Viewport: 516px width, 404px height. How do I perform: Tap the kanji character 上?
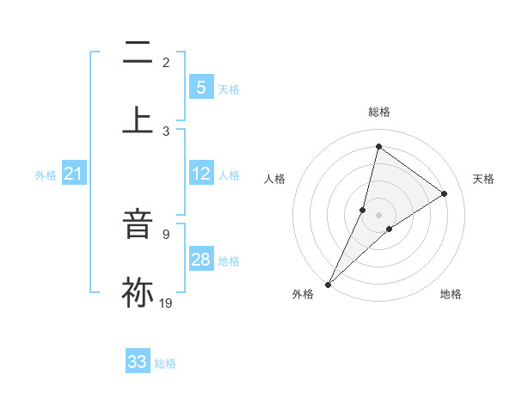point(138,119)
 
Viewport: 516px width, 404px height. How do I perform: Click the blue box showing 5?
point(201,87)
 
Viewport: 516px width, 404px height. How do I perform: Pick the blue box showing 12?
point(201,174)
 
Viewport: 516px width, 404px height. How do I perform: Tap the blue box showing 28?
point(201,260)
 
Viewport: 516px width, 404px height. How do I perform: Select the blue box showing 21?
point(74,174)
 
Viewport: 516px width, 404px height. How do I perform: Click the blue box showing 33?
point(138,362)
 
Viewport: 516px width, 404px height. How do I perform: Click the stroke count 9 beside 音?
point(166,233)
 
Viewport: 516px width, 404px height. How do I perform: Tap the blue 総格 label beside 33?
point(165,364)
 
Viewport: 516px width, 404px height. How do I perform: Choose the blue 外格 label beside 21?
point(46,175)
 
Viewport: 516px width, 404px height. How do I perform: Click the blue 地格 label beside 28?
point(229,261)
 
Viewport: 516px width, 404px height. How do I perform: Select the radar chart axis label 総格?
point(378,112)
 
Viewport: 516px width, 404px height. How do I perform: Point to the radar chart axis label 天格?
point(483,179)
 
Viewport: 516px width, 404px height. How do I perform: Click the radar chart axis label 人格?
point(274,179)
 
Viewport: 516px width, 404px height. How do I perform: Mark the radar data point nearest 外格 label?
point(328,284)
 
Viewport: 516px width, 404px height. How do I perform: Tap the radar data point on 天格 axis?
point(445,194)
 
